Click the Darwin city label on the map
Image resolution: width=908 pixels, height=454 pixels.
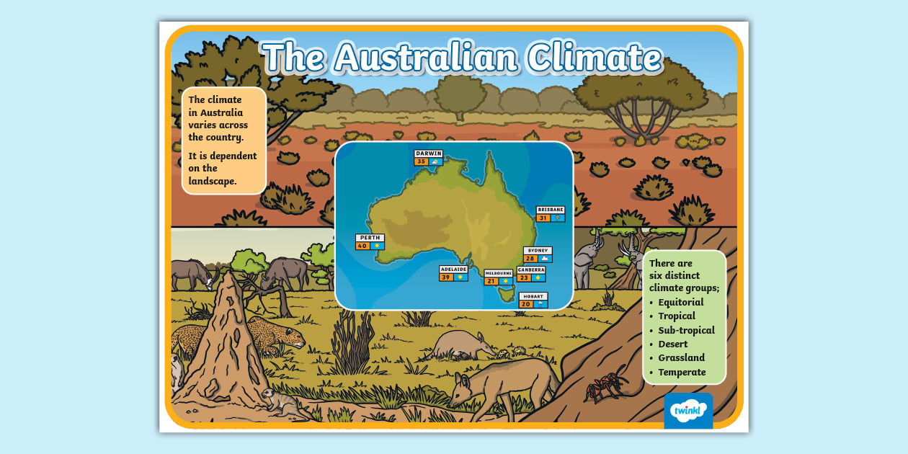[428, 153]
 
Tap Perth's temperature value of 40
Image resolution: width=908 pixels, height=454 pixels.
[362, 246]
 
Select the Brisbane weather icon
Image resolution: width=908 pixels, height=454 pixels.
[558, 218]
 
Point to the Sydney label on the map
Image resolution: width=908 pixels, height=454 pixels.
[538, 251]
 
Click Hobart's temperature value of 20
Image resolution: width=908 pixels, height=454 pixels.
[526, 304]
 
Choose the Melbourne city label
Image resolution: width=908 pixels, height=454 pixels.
[499, 274]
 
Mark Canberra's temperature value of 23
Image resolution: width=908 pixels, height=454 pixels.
[524, 277]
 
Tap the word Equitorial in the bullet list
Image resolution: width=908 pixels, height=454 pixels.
[680, 303]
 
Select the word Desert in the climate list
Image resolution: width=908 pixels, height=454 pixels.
[672, 344]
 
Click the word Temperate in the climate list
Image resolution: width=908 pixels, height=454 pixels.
[682, 373]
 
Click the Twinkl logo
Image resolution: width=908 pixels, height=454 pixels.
[688, 411]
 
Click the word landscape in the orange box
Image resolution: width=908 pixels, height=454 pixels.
[213, 182]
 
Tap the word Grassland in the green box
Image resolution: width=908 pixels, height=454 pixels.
[681, 358]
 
